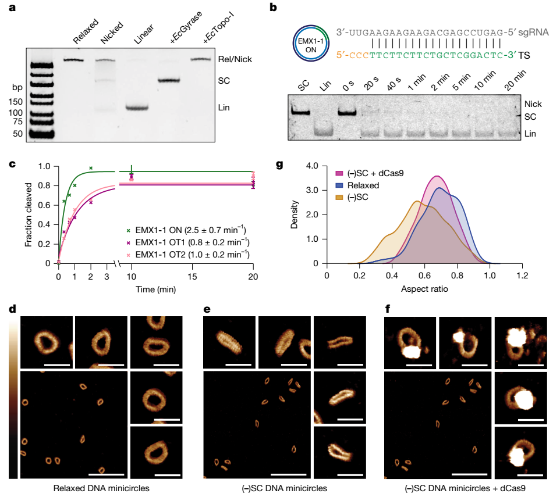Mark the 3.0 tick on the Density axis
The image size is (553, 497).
click(x=313, y=190)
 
